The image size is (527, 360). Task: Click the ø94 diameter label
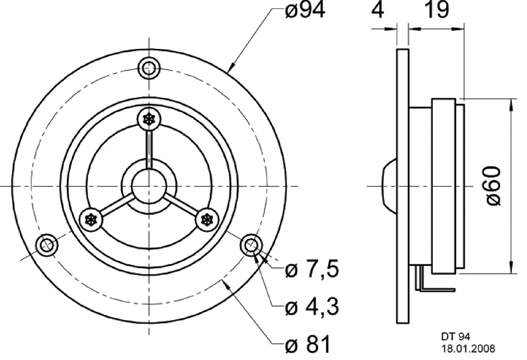coord(305,11)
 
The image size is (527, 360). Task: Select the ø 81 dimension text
coord(307,345)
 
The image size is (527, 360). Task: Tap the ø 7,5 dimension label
coord(312,270)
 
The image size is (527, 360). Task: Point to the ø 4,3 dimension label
coord(312,308)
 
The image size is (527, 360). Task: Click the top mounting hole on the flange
coord(149,68)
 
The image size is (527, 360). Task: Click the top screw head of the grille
coord(149,119)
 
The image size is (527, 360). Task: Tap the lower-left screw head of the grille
coord(92,219)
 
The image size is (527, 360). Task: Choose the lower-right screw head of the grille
coord(206,219)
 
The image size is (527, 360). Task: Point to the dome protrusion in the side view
coord(389,186)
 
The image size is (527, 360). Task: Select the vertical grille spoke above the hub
coord(149,148)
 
